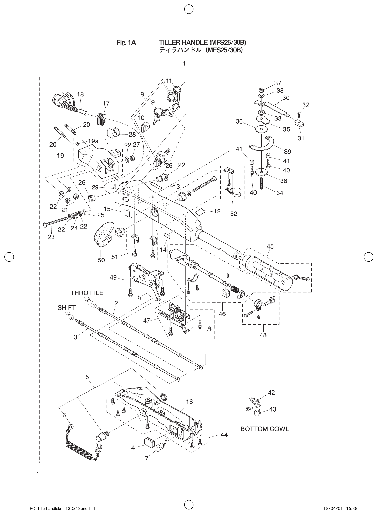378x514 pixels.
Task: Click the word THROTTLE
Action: [87, 293]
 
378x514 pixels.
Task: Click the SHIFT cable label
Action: [67, 308]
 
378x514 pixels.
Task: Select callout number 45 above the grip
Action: [270, 246]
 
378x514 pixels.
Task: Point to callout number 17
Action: [106, 103]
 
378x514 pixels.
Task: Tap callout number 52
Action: [234, 213]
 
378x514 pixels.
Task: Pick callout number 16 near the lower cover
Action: [189, 402]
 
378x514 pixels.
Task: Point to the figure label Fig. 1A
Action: [126, 43]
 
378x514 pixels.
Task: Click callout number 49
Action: [113, 277]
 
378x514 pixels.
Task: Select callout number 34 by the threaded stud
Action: [280, 193]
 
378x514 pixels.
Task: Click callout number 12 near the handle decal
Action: [217, 211]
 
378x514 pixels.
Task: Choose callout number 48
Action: [263, 335]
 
